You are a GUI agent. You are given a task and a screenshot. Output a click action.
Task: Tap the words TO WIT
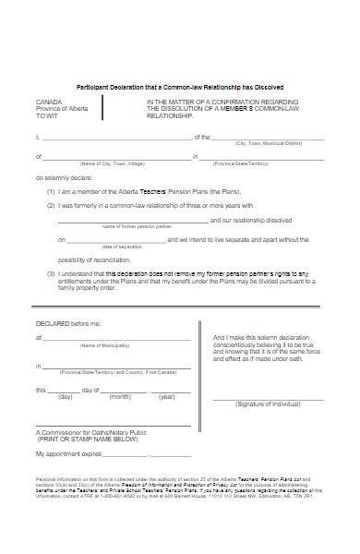tap(48, 116)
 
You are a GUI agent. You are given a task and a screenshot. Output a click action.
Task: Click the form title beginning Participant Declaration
tap(179, 86)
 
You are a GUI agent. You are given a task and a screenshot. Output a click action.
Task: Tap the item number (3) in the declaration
tap(51, 274)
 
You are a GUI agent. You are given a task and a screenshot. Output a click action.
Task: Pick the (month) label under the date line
tap(120, 396)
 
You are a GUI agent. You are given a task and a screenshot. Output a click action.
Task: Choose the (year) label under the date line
tap(166, 396)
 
